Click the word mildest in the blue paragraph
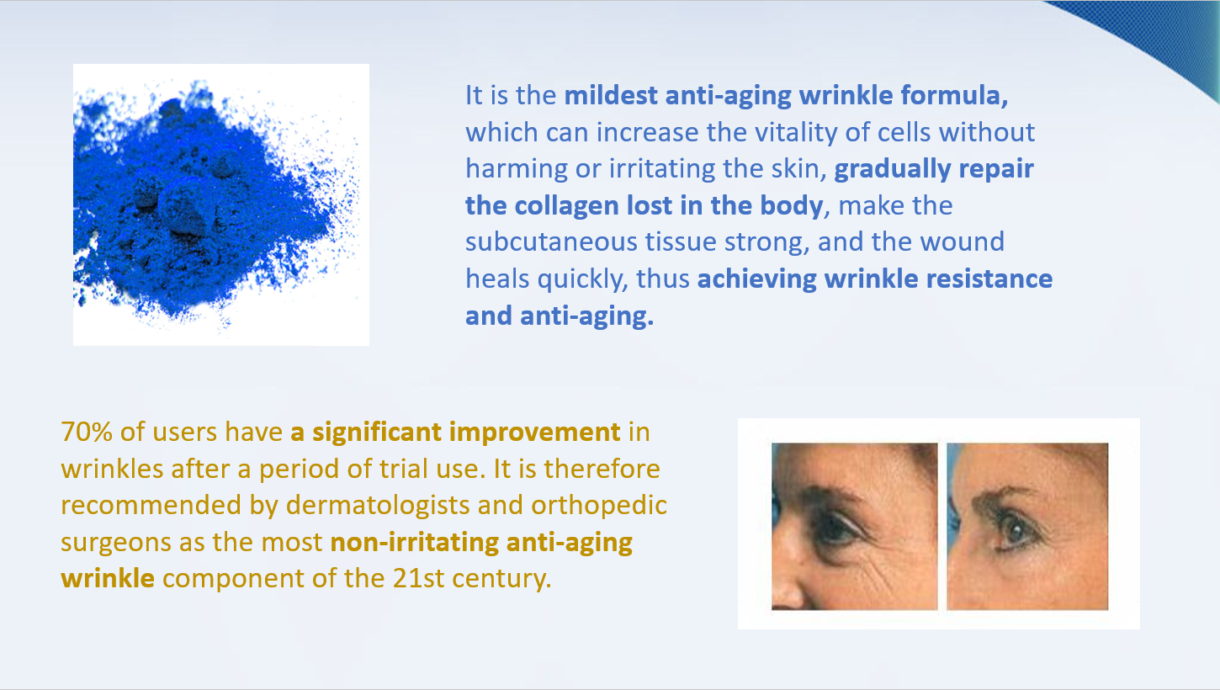click(611, 95)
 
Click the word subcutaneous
click(551, 242)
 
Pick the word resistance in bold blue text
click(989, 279)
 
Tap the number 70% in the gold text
click(87, 432)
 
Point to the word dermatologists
click(378, 506)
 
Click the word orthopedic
click(599, 506)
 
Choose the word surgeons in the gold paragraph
click(115, 543)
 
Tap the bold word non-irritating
click(414, 543)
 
